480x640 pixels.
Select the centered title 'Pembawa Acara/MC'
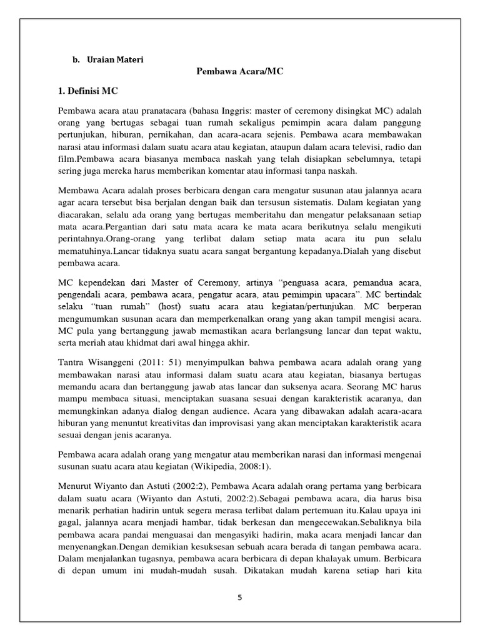[x=240, y=71]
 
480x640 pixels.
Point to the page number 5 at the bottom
[x=239, y=597]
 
